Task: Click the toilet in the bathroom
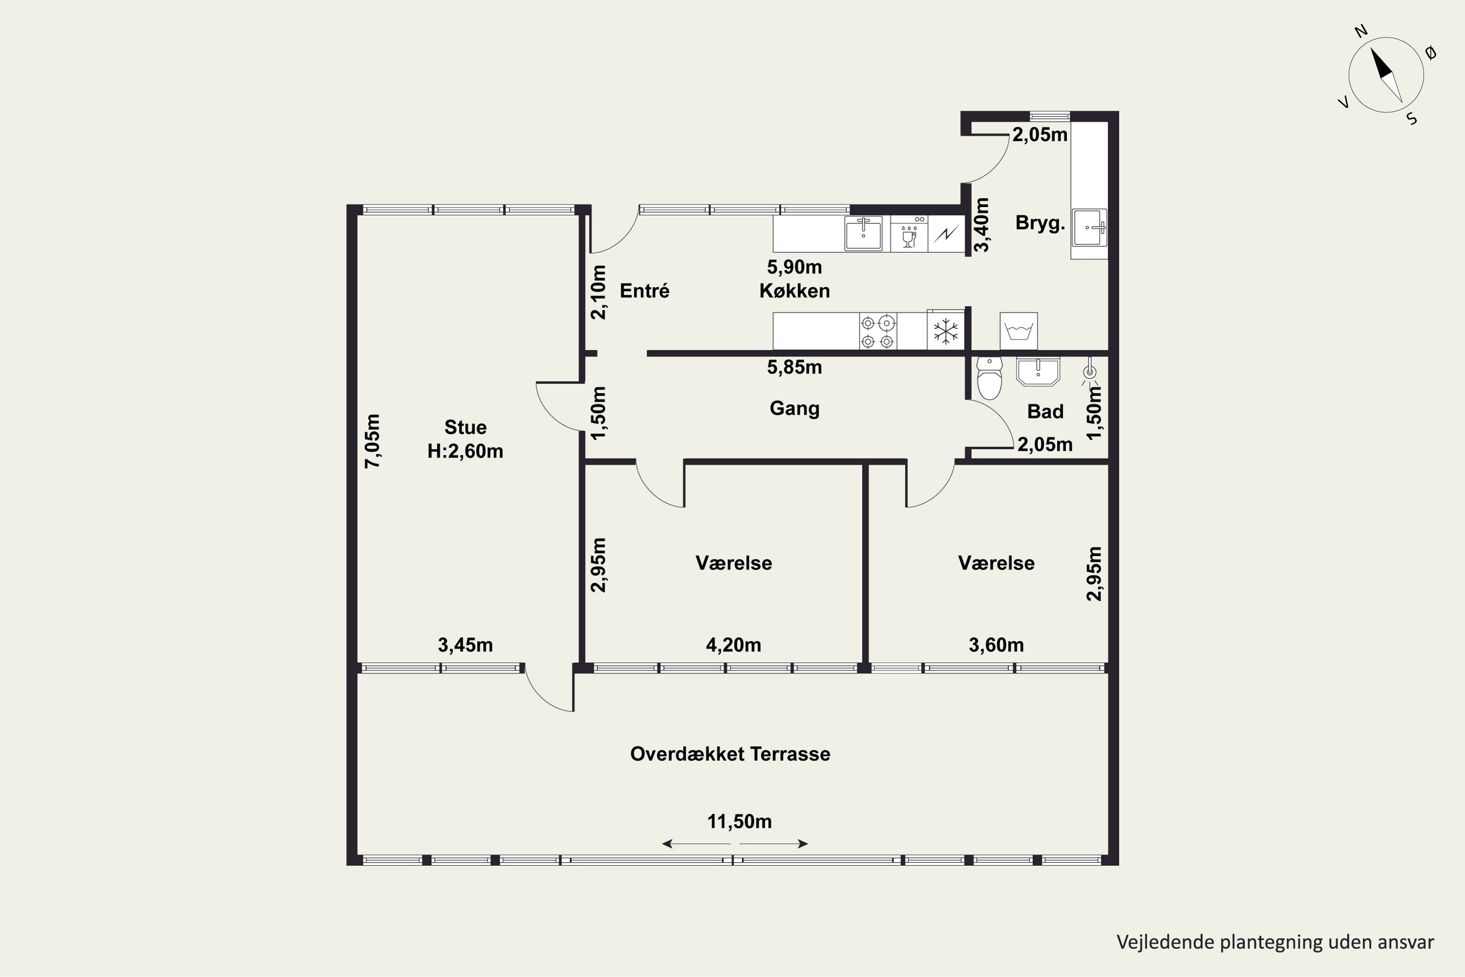[x=989, y=378]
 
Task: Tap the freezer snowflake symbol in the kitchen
[x=945, y=331]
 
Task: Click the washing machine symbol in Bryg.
[x=1018, y=331]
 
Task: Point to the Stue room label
[x=465, y=427]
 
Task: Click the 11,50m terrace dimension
[x=739, y=822]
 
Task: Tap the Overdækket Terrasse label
[x=730, y=754]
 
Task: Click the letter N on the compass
[x=1361, y=31]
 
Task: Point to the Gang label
[x=794, y=409]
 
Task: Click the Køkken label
[x=794, y=291]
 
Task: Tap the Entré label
[x=645, y=291]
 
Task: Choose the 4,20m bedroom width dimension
[x=733, y=645]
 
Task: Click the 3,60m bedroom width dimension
[x=996, y=645]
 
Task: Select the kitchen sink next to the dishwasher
[x=863, y=234]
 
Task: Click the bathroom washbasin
[x=1038, y=371]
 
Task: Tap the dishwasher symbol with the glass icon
[x=909, y=234]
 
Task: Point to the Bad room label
[x=1045, y=412]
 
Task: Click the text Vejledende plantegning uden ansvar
[x=1275, y=942]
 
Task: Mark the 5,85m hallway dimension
[x=794, y=368]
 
